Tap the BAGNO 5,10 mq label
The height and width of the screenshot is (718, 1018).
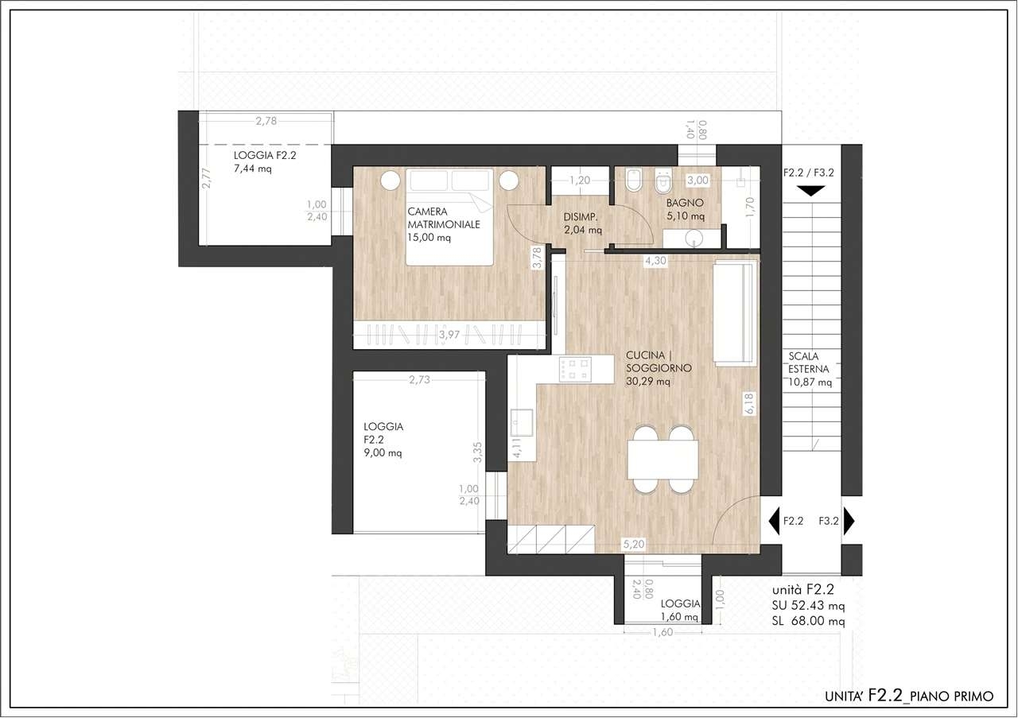[x=686, y=209]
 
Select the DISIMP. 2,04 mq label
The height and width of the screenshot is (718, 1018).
[x=583, y=223]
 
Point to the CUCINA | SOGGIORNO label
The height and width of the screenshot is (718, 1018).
[x=659, y=361]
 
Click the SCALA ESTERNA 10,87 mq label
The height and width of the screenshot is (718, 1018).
[x=810, y=369]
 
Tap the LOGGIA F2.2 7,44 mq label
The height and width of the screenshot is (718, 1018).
[x=265, y=161]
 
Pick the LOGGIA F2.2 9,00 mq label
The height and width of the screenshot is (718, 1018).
[x=383, y=440]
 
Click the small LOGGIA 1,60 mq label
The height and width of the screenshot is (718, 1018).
[x=680, y=610]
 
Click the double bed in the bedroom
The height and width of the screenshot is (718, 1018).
[x=449, y=217]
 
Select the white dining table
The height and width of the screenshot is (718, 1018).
[x=662, y=460]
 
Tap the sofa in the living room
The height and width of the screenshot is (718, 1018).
[x=736, y=312]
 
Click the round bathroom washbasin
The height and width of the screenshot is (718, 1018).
[x=694, y=238]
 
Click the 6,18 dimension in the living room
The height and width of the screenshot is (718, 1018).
[x=749, y=404]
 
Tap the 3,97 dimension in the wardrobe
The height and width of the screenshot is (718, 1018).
[x=449, y=335]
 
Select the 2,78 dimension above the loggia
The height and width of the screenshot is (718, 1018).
[x=266, y=121]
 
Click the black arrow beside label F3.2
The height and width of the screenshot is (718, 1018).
[x=849, y=521]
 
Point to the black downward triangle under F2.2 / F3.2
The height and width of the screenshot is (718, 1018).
[x=810, y=192]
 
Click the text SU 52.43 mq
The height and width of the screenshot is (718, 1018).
[x=808, y=606]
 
